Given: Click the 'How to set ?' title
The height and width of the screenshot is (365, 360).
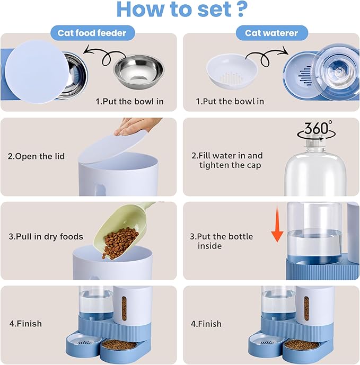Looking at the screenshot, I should (x=180, y=10).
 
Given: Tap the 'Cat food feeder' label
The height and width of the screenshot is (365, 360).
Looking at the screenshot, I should (x=93, y=33).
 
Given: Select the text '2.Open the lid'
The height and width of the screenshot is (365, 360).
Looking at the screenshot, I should (x=37, y=156).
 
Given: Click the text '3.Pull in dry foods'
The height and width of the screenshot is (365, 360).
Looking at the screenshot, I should (x=46, y=237).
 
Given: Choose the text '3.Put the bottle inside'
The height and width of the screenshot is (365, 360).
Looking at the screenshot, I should (x=222, y=241).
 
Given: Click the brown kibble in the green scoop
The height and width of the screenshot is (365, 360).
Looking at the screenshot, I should (x=119, y=242).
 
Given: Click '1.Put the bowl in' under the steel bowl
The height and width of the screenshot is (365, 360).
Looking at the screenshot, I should (x=129, y=101).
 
